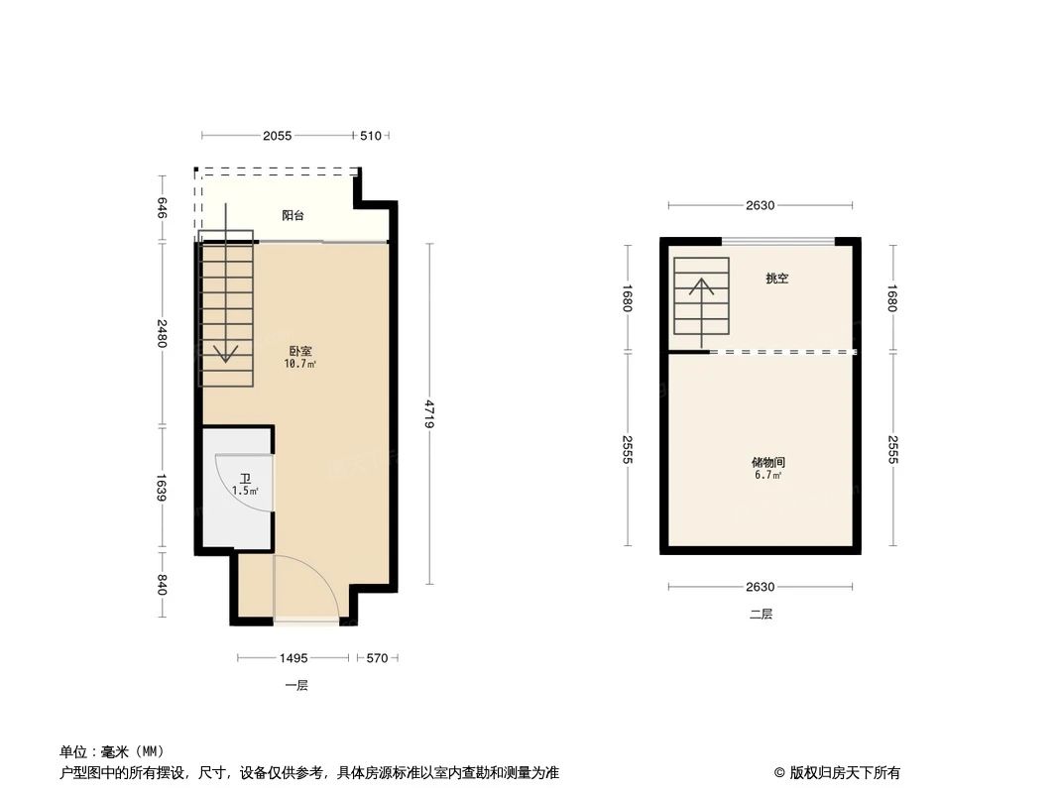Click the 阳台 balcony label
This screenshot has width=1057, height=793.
coord(293,215)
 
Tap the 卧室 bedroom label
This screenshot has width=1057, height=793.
coord(300,351)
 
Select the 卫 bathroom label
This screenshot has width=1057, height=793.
coord(245,478)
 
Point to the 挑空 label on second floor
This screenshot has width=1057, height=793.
coord(776,279)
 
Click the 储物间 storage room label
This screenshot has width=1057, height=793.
coord(767,462)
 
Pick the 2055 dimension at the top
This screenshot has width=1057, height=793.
coord(278,136)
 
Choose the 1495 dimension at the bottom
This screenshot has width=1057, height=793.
coord(294,657)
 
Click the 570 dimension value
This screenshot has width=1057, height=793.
coord(377,657)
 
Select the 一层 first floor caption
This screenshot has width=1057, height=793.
coord(296,685)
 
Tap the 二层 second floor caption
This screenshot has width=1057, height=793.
coord(761,614)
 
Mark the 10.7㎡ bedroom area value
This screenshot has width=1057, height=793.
coord(300,364)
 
